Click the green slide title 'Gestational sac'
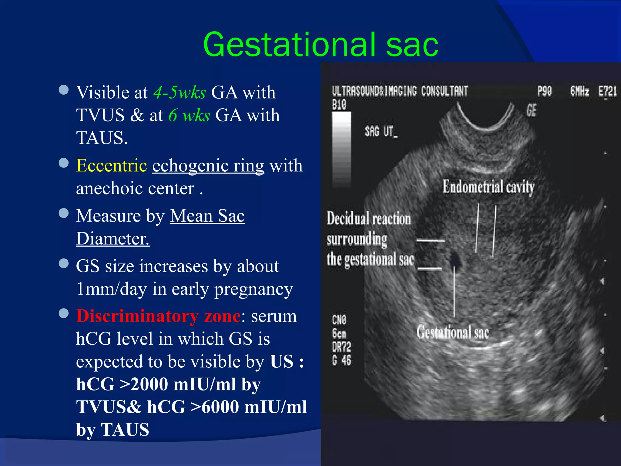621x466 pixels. (321, 45)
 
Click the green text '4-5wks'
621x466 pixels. (180, 92)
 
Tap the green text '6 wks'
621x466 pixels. (189, 115)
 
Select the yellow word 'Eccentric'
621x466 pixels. (112, 166)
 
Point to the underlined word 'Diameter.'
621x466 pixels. (113, 238)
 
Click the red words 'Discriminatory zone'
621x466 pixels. (158, 316)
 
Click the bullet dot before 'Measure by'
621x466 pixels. (64, 213)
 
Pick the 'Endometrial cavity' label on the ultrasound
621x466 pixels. (488, 186)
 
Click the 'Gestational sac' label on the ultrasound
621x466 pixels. (452, 332)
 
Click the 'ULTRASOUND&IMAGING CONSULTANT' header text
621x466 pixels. (400, 91)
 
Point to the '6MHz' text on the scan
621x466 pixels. (579, 91)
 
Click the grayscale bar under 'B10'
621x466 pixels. (341, 149)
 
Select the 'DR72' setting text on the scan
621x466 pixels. (341, 347)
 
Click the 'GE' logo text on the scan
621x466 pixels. (531, 110)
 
